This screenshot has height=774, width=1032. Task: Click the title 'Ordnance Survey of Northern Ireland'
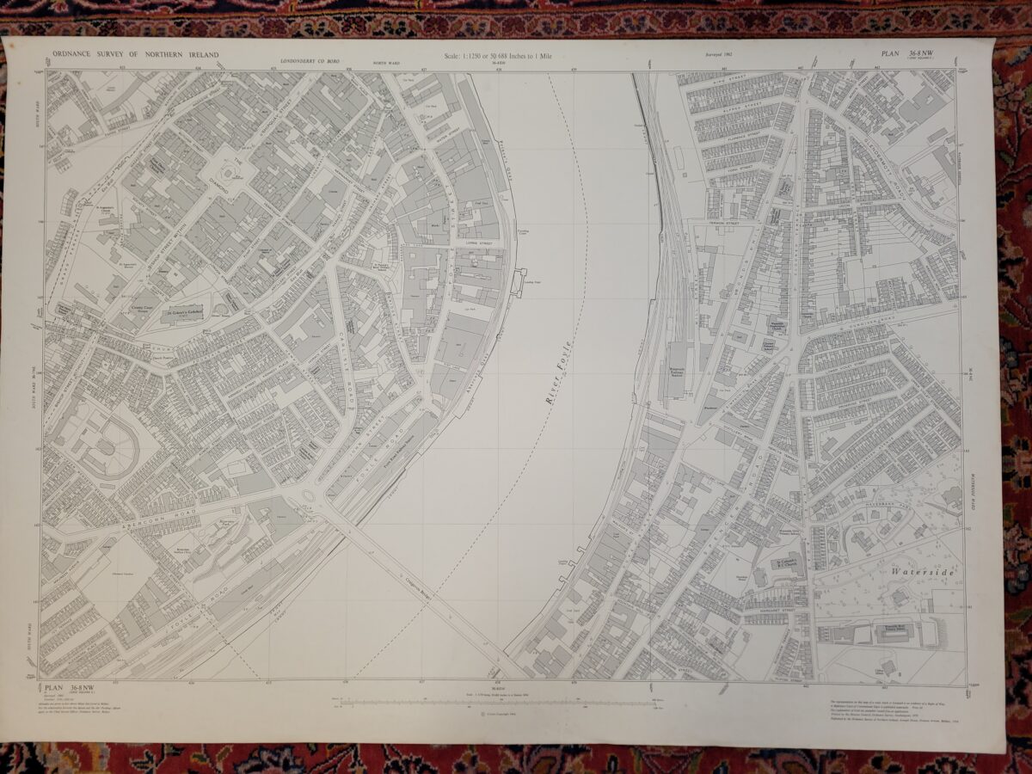[136, 54]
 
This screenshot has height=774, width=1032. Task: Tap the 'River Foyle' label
[559, 378]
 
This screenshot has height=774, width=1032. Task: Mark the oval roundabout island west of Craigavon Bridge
[309, 496]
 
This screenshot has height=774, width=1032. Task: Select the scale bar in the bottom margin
[499, 703]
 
